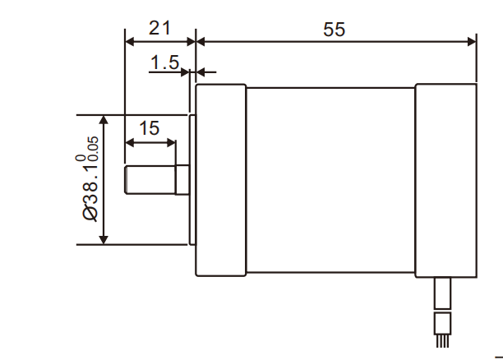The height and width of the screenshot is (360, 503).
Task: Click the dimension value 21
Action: (159, 28)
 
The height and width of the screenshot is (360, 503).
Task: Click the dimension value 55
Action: (335, 30)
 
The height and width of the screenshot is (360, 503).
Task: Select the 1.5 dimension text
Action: (164, 62)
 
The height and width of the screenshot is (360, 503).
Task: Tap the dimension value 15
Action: (149, 128)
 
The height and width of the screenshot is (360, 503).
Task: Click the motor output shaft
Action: (156, 179)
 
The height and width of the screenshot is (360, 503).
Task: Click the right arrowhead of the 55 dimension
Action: (472, 41)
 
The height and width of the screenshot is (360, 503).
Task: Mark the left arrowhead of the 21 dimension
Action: (128, 41)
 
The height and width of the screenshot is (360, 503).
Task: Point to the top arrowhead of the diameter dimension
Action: (104, 120)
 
